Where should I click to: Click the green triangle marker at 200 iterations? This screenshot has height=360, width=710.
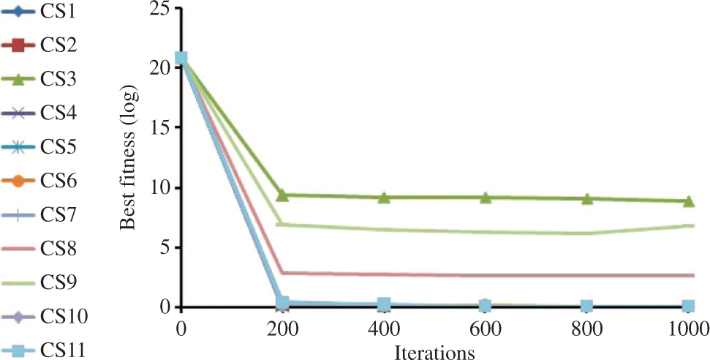click(282, 195)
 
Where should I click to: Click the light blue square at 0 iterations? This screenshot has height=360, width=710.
click(181, 59)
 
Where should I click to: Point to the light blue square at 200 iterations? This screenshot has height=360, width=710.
click(282, 302)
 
